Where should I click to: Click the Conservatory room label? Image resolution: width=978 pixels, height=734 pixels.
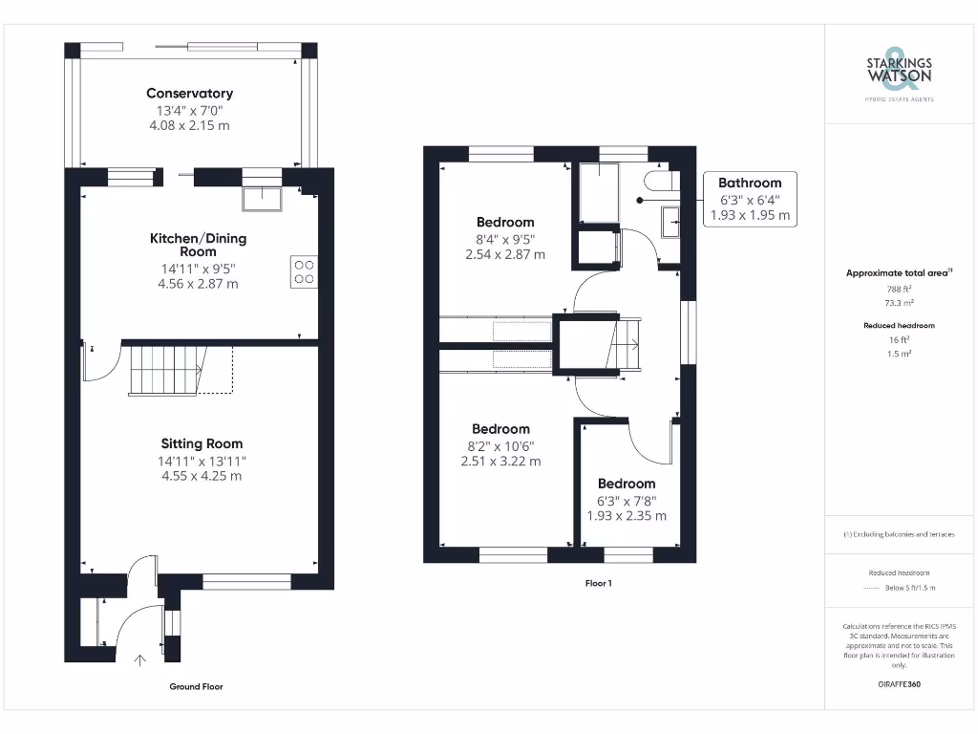[x=189, y=94]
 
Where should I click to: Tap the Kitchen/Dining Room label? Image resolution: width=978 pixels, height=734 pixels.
[x=198, y=245]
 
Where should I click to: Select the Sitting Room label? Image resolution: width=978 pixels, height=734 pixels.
[x=202, y=443]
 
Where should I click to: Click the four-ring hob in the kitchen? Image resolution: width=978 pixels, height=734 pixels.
[x=304, y=272]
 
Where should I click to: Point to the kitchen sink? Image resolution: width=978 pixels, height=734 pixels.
[x=262, y=197]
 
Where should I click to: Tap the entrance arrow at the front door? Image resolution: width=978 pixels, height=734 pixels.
[x=141, y=658]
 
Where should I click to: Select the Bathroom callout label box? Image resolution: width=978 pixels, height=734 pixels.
[x=750, y=199]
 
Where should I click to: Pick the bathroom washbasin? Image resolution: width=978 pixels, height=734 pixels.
[x=670, y=221]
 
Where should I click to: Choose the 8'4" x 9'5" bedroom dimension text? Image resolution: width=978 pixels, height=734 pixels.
[x=505, y=239]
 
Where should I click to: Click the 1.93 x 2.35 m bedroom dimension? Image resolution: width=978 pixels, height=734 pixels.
[x=627, y=516]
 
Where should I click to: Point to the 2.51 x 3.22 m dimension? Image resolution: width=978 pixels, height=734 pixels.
[x=500, y=461]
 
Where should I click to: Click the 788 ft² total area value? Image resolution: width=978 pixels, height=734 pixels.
[x=899, y=289]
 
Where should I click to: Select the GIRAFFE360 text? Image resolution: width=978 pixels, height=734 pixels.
[x=899, y=684]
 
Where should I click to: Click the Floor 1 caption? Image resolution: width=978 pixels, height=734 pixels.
[x=598, y=582]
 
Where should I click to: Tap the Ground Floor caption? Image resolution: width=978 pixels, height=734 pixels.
[x=196, y=686]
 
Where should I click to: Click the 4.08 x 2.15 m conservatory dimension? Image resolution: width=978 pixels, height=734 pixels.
[x=189, y=125]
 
